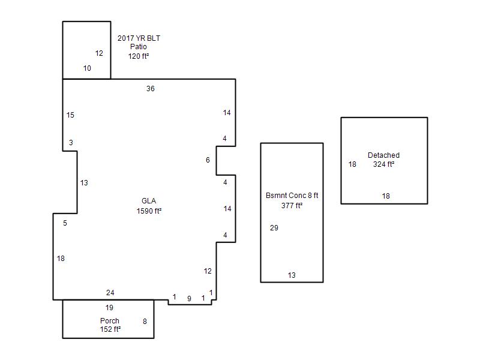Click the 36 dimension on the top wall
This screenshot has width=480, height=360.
pyautogui.click(x=151, y=89)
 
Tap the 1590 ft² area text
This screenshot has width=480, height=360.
pyautogui.click(x=149, y=211)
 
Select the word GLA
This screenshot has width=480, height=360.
pyautogui.click(x=149, y=201)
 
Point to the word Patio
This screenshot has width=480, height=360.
pyautogui.click(x=139, y=47)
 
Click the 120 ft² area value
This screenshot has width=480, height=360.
pyautogui.click(x=139, y=56)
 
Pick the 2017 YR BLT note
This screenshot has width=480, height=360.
pyautogui.click(x=139, y=38)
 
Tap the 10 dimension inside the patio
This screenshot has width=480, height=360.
pyautogui.click(x=87, y=68)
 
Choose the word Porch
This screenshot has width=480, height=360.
pyautogui.click(x=110, y=321)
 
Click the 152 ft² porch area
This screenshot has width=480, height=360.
pyautogui.click(x=110, y=329)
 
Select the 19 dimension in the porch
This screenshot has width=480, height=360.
pyautogui.click(x=109, y=308)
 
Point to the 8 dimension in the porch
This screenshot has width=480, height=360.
pyautogui.click(x=145, y=322)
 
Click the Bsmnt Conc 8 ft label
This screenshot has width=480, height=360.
pyautogui.click(x=292, y=196)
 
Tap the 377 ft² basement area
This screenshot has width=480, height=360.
pyautogui.click(x=292, y=205)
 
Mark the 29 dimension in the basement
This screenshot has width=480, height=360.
pyautogui.click(x=274, y=228)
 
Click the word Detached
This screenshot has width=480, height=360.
pyautogui.click(x=383, y=155)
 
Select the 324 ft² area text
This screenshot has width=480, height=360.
pyautogui.click(x=383, y=164)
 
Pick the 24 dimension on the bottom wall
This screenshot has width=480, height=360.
pyautogui.click(x=110, y=293)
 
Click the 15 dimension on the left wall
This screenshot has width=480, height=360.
pyautogui.click(x=70, y=115)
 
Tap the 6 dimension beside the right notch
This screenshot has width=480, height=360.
pyautogui.click(x=208, y=160)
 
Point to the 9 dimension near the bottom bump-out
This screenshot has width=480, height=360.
pyautogui.click(x=189, y=298)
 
